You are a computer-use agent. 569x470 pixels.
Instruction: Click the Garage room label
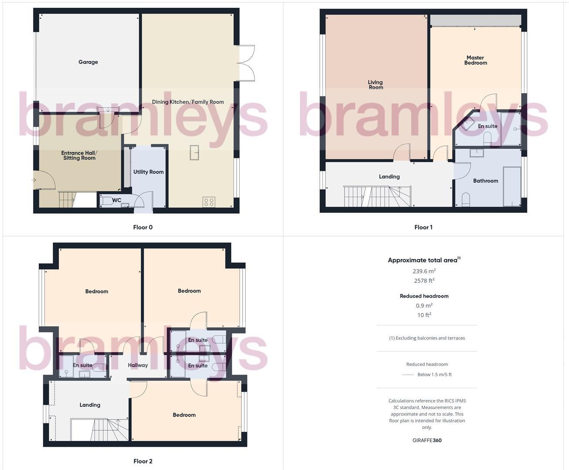pyautogui.click(x=88, y=62)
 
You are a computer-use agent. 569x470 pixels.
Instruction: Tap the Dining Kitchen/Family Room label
pyautogui.click(x=188, y=102)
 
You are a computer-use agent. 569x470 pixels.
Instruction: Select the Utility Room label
pyautogui.click(x=148, y=172)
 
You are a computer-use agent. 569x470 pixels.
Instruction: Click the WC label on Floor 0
pyautogui.click(x=117, y=200)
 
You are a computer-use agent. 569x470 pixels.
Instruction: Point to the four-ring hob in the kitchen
pyautogui.click(x=209, y=201)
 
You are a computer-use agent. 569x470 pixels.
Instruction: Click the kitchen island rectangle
pyautogui.click(x=194, y=152)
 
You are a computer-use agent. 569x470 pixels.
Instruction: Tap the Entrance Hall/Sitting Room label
pyautogui.click(x=79, y=155)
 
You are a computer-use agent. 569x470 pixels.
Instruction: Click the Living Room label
pyautogui.click(x=375, y=84)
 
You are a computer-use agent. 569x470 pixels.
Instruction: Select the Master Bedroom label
pyautogui.click(x=475, y=60)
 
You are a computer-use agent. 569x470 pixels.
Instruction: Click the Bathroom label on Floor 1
pyautogui.click(x=485, y=181)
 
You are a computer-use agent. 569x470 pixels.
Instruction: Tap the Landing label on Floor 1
pyautogui.click(x=389, y=177)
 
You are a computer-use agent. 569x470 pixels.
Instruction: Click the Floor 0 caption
pyautogui.click(x=143, y=227)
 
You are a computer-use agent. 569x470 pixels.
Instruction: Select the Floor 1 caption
pyautogui.click(x=423, y=227)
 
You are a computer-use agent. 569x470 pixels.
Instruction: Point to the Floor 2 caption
pyautogui.click(x=143, y=461)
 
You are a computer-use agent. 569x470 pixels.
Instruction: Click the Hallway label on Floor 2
pyautogui.click(x=138, y=365)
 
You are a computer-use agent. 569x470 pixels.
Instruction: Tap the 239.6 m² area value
pyautogui.click(x=424, y=271)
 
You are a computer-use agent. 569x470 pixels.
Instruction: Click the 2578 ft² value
pyautogui.click(x=424, y=281)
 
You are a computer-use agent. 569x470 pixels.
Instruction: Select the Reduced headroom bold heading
pyautogui.click(x=424, y=296)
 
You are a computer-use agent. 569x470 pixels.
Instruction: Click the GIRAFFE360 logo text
pyautogui.click(x=427, y=440)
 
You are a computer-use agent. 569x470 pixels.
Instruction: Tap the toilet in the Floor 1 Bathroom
pyautogui.click(x=465, y=199)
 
